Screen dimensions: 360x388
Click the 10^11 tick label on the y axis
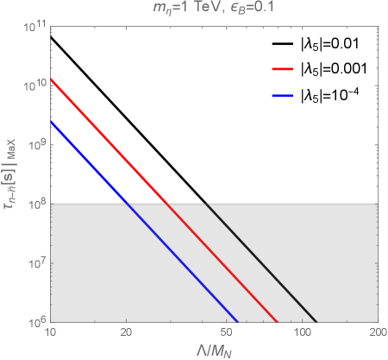click(x=34, y=28)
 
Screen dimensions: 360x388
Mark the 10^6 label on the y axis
click(x=34, y=320)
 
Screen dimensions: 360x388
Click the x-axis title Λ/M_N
click(x=213, y=350)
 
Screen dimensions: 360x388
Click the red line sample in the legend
click(x=283, y=67)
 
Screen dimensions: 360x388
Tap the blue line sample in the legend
click(x=283, y=96)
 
